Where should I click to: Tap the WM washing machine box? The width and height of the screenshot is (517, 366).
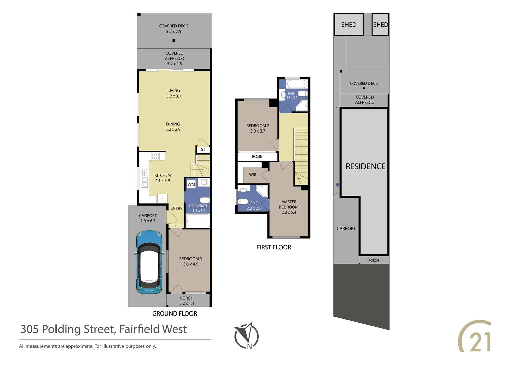pyautogui.click(x=191, y=184)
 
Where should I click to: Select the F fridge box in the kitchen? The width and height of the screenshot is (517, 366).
pyautogui.click(x=162, y=198)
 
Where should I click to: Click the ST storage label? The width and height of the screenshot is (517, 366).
pyautogui.click(x=203, y=149)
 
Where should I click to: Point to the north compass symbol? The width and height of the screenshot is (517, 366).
pyautogui.click(x=247, y=336)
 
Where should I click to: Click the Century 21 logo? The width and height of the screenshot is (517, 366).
pyautogui.click(x=475, y=336)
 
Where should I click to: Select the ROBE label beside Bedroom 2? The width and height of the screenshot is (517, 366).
pyautogui.click(x=257, y=156)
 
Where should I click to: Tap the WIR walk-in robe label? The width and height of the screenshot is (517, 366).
pyautogui.click(x=253, y=175)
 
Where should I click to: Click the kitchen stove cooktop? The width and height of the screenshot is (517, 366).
pyautogui.click(x=155, y=156)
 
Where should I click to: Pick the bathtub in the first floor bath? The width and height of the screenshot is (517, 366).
pyautogui.click(x=296, y=83)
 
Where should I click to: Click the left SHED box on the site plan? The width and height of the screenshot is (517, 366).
pyautogui.click(x=349, y=24)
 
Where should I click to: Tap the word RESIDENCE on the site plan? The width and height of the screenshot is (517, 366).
pyautogui.click(x=365, y=166)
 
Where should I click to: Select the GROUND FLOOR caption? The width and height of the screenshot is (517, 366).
pyautogui.click(x=175, y=313)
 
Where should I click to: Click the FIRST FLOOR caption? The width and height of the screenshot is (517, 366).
pyautogui.click(x=274, y=247)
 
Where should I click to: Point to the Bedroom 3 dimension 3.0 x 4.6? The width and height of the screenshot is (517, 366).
pyautogui.click(x=190, y=264)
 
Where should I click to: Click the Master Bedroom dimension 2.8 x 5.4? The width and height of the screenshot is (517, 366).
pyautogui.click(x=289, y=212)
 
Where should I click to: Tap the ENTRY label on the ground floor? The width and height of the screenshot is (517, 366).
pyautogui.click(x=176, y=208)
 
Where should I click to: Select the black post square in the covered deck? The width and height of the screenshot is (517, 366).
pyautogui.click(x=174, y=40)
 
